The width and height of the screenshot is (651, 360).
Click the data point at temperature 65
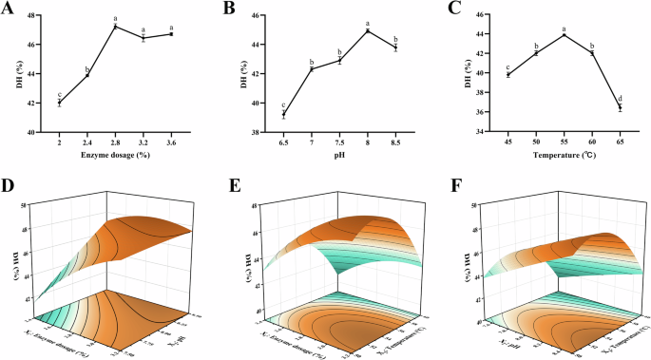click(620, 107)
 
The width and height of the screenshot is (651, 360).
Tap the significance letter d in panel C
click(620, 98)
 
